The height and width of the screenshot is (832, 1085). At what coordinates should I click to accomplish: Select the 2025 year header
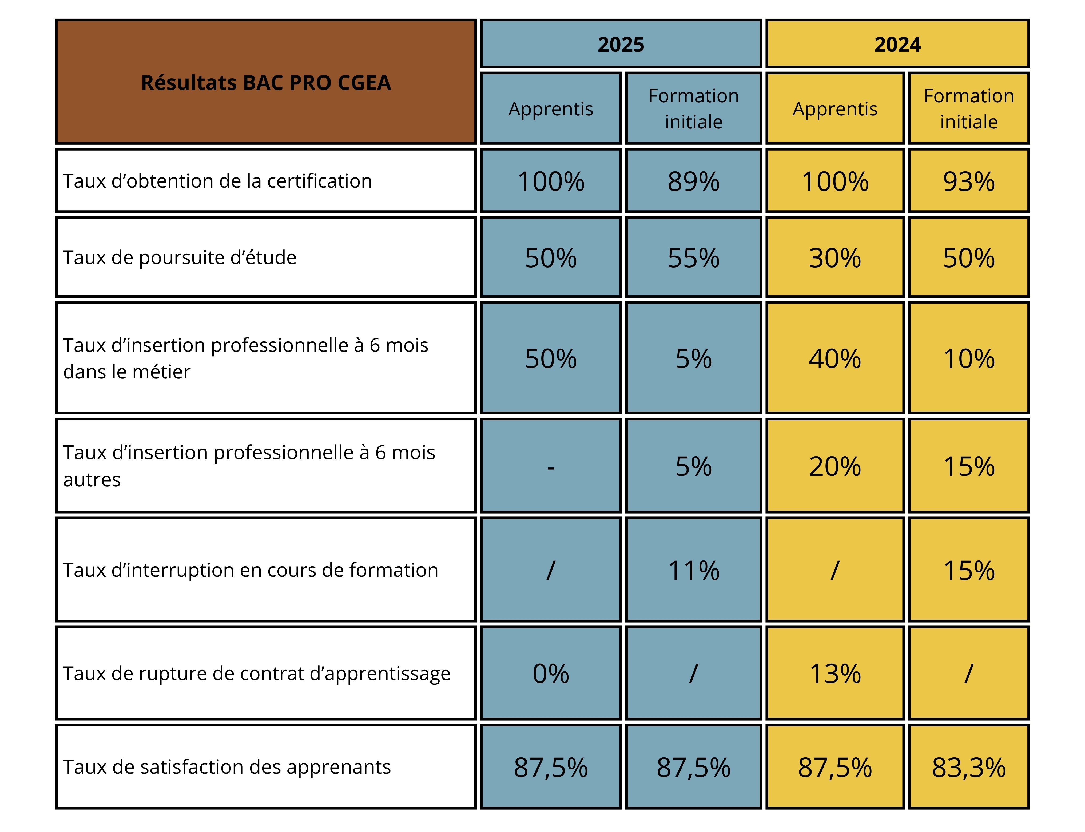pos(621,45)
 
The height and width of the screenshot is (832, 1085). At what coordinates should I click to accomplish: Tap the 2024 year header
pos(897,45)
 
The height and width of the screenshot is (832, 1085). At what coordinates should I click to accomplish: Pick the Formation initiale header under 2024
pos(968,108)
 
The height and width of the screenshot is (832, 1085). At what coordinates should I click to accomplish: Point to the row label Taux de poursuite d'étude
pos(180,257)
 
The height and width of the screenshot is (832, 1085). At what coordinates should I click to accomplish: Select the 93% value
pos(968,181)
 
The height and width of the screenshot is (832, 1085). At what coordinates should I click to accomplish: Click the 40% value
pos(835,358)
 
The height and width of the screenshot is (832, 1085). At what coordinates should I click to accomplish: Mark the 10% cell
pos(968,358)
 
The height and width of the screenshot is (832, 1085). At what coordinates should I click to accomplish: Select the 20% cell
pos(835,467)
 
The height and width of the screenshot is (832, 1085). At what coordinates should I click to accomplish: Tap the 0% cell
pos(551,673)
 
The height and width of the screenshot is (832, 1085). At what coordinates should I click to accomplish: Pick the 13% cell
pos(835,673)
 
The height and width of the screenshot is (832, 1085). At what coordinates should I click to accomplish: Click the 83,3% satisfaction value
pos(968,768)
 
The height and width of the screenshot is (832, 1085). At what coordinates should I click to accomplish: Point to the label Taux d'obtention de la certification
pos(217,181)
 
